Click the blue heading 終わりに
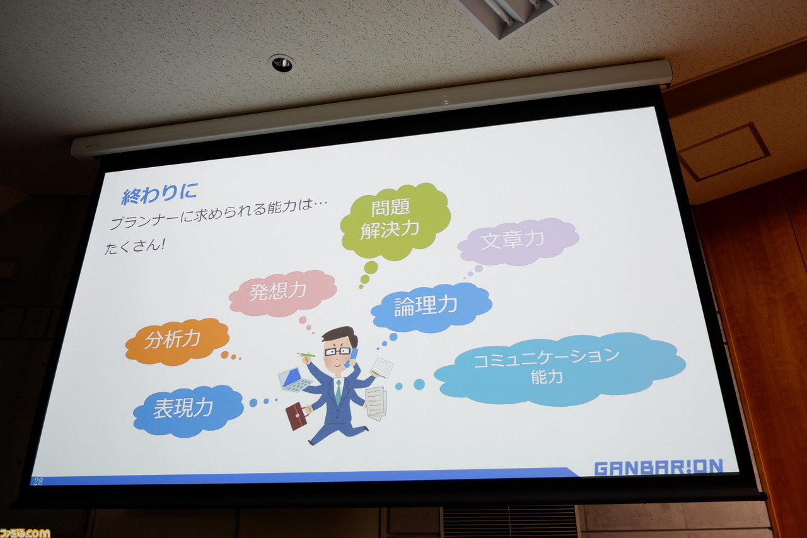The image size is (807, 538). tap(160, 193)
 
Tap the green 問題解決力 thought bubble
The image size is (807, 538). tap(395, 221)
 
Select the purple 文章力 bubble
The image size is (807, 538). tap(518, 241)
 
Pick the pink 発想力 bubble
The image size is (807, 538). tap(282, 293)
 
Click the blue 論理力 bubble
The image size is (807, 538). tap(431, 307)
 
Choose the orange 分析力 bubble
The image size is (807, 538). tap(177, 341)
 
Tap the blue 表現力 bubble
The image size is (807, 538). tap(188, 411)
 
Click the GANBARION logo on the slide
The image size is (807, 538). tap(659, 467)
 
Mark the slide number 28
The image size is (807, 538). tap(38, 481)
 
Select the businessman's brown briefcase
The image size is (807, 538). tap(296, 416)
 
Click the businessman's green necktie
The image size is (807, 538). tap(339, 390)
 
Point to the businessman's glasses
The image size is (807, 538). tap(337, 351)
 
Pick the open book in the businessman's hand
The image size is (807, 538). tap(382, 368)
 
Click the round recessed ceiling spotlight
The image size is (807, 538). tap(281, 64)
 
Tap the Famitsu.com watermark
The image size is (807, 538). tap(25, 532)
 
